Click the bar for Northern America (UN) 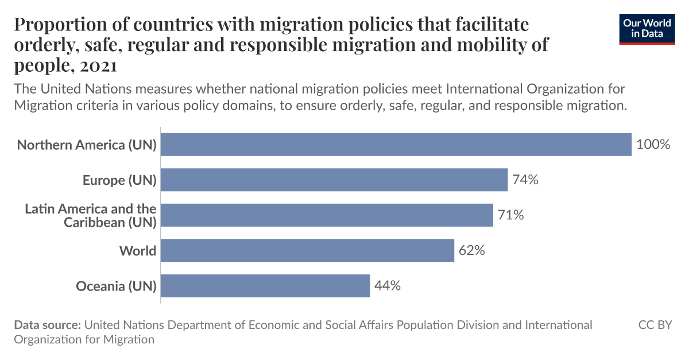(x=396, y=145)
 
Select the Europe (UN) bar (x=334, y=180)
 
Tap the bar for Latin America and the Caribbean (x=327, y=215)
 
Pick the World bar (x=307, y=251)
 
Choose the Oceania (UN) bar (x=265, y=286)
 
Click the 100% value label (x=653, y=145)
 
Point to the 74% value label (x=525, y=180)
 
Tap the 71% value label (x=511, y=215)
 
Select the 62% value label (x=472, y=251)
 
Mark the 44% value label (x=388, y=286)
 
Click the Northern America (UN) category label (x=87, y=145)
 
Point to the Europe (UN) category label (x=119, y=180)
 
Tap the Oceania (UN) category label (x=117, y=286)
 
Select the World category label (x=138, y=251)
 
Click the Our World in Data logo (x=647, y=29)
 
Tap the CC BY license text (x=655, y=325)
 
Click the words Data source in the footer (x=47, y=325)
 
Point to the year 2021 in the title (x=99, y=65)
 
